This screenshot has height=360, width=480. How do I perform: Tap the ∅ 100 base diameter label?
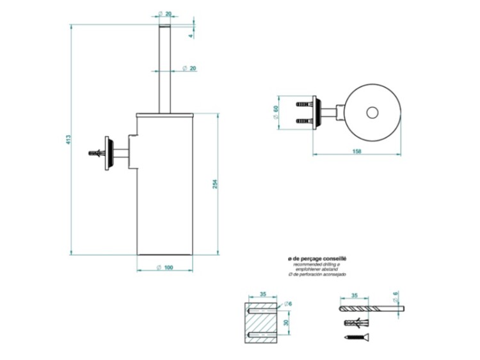tap(165, 267)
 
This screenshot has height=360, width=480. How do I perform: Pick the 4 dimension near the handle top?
tap(191, 36)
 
